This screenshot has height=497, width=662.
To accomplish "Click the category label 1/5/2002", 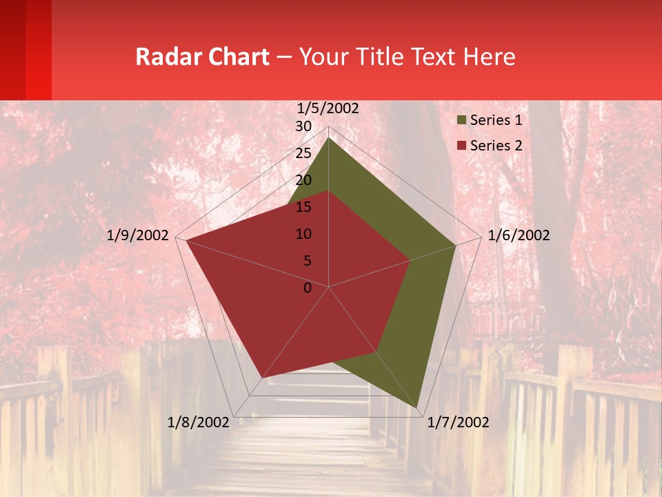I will coord(328,108).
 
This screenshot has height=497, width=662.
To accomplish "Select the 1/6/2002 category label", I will coord(519,235).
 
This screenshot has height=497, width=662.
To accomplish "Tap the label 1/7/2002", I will coord(458,422).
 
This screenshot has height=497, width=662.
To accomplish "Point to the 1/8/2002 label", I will coord(198,422).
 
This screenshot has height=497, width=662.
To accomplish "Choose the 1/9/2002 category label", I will coord(138,235).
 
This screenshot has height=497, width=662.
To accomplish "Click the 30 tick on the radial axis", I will coord(303,126).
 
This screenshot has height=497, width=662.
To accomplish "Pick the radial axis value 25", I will coord(303,153).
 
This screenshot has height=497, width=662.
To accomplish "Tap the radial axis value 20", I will coord(303,180).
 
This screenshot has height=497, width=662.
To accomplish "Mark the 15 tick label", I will coord(303,207).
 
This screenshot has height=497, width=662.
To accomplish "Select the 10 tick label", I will coord(303,234).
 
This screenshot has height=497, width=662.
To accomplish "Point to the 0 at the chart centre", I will coord(308,288).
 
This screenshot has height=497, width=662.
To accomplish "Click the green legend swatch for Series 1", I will coord(462,121).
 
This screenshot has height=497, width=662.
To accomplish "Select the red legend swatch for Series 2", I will coord(462,146).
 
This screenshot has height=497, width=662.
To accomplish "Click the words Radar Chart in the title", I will coord(202,57).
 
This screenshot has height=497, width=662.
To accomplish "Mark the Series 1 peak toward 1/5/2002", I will coord(328,137).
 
